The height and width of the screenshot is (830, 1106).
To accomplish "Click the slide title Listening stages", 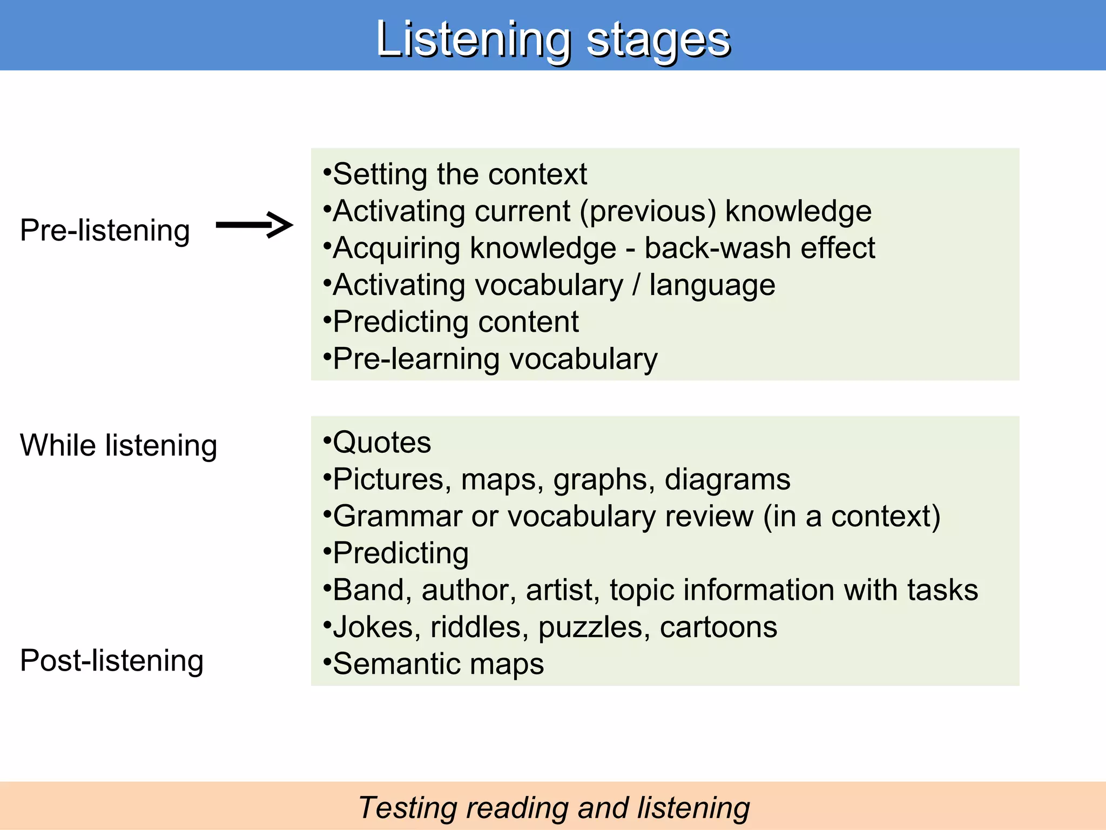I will pyautogui.click(x=553, y=39).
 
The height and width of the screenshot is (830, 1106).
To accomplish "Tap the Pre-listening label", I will pyautogui.click(x=105, y=231).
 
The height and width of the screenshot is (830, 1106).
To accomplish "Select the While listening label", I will pyautogui.click(x=118, y=446).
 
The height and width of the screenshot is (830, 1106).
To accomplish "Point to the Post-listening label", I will pyautogui.click(x=112, y=661).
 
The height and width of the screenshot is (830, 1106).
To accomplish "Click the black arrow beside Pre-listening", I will pyautogui.click(x=254, y=225).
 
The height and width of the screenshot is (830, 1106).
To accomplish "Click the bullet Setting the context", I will pyautogui.click(x=459, y=175).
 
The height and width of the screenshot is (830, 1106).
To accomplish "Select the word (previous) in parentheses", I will pyautogui.click(x=648, y=211).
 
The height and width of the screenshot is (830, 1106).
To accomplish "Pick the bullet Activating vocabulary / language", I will pyautogui.click(x=553, y=285).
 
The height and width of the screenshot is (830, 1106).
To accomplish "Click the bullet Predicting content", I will pyautogui.click(x=455, y=322).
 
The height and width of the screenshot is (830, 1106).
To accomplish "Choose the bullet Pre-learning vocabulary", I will pyautogui.click(x=495, y=359).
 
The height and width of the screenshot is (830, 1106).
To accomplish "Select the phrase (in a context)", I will pyautogui.click(x=852, y=517).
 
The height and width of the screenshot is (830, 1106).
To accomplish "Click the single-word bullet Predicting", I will pyautogui.click(x=400, y=553).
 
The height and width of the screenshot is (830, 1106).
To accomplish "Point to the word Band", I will pyautogui.click(x=368, y=590).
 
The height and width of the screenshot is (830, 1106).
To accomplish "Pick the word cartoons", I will pyautogui.click(x=718, y=627).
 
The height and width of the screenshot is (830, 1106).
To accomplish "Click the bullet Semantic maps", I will pyautogui.click(x=438, y=664).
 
